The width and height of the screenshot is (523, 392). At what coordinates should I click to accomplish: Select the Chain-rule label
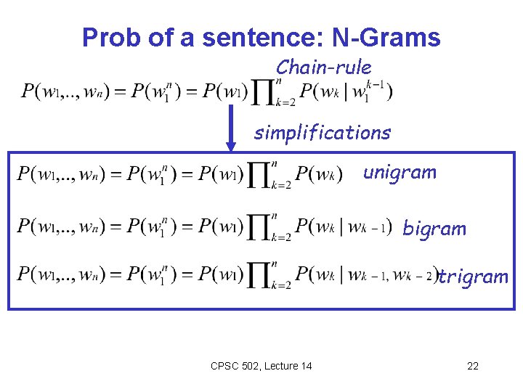click(323, 68)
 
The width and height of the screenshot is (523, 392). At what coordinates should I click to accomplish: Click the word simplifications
click(322, 133)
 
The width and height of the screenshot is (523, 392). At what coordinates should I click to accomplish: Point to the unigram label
click(400, 173)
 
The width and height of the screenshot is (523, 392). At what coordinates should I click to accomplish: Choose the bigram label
click(434, 229)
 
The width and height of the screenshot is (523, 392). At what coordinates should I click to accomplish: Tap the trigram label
click(474, 277)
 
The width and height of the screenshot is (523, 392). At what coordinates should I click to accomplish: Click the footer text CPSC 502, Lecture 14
click(261, 365)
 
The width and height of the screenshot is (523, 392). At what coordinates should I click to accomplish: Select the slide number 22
click(473, 365)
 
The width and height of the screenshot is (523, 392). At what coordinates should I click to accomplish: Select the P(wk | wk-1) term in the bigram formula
click(344, 227)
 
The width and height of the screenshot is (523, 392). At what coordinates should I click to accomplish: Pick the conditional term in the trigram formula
click(367, 277)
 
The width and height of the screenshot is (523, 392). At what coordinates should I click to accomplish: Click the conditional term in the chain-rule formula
click(346, 92)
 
